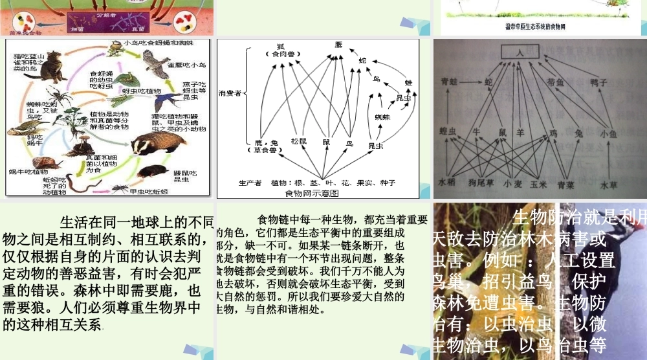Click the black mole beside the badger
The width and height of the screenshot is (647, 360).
pyautogui.click(x=159, y=171)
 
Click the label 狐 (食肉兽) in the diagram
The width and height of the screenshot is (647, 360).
pyautogui.click(x=280, y=49)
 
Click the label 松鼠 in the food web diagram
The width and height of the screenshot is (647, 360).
pyautogui.click(x=298, y=141)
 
